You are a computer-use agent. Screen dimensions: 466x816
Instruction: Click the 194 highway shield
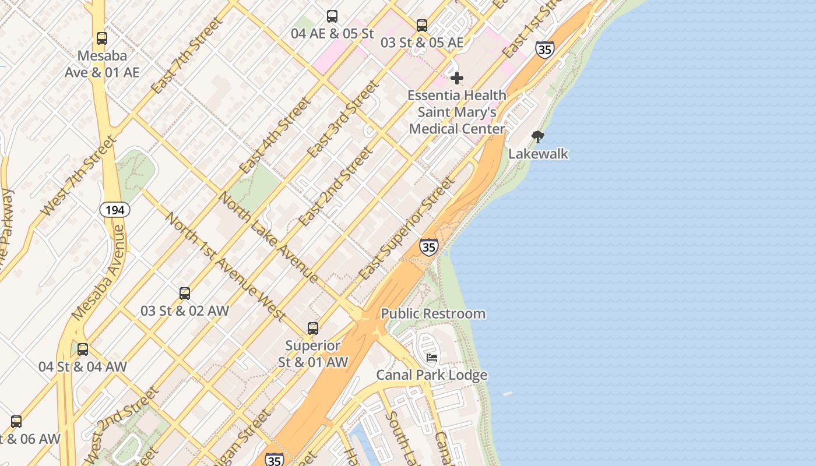(115, 210)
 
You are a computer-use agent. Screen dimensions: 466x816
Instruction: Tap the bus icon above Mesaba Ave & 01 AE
(102, 38)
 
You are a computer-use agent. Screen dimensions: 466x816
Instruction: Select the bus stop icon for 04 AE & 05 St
(332, 16)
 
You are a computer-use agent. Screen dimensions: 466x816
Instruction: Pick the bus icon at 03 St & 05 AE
(422, 26)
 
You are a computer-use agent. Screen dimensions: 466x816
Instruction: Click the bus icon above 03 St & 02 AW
(185, 294)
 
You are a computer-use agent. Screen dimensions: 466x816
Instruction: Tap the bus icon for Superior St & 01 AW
(313, 329)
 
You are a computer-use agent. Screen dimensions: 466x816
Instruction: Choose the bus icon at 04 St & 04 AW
(83, 349)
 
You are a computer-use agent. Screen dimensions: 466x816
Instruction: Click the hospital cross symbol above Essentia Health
(457, 77)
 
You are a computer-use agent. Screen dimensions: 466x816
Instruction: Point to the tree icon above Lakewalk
(538, 137)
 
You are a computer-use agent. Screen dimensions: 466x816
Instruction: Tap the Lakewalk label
(538, 154)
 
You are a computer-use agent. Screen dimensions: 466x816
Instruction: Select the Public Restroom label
(433, 313)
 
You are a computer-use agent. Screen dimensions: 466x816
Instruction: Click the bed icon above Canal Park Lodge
(432, 358)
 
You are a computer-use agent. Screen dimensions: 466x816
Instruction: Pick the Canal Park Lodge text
(432, 375)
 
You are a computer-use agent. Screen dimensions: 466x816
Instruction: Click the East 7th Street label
(187, 55)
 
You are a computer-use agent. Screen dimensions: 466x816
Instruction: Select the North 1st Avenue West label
(226, 266)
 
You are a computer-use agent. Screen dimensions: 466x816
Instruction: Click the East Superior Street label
(406, 228)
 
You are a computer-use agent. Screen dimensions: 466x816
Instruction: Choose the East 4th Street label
(275, 135)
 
